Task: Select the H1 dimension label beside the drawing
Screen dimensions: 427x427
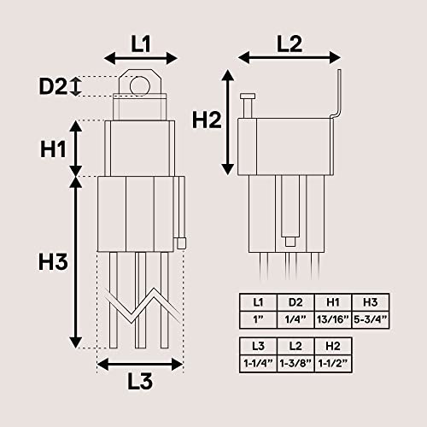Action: (x=53, y=148)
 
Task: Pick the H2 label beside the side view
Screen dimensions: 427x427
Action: (x=207, y=120)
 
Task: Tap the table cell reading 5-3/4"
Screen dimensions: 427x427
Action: (x=371, y=319)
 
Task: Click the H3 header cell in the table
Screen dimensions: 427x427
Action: (x=371, y=302)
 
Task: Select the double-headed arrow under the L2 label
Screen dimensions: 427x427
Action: (x=289, y=58)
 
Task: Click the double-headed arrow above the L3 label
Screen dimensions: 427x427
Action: (x=141, y=364)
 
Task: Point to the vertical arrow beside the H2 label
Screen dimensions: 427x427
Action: (x=228, y=120)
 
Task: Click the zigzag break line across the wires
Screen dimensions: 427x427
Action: (x=141, y=307)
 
